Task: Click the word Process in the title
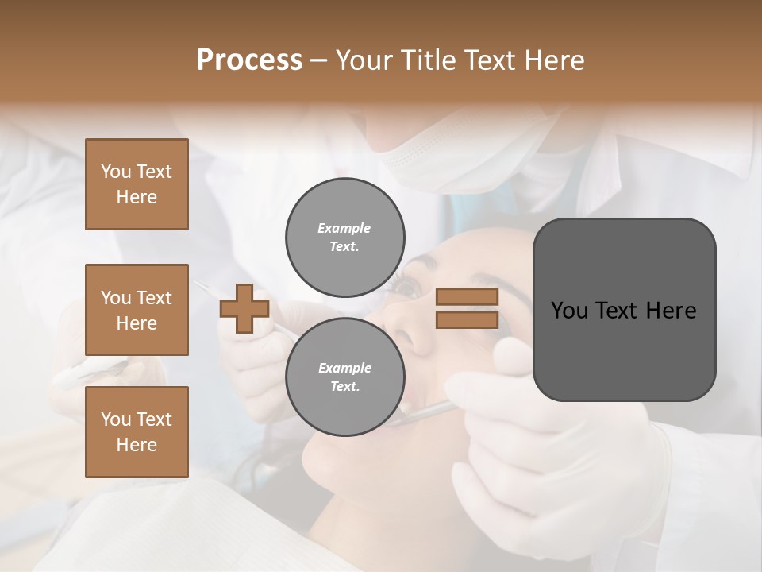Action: click(x=249, y=60)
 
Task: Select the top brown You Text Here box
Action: click(x=137, y=184)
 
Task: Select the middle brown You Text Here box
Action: click(x=137, y=310)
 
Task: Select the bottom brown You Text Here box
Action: click(x=137, y=432)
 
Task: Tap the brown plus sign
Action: click(x=244, y=308)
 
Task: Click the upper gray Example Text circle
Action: click(x=344, y=237)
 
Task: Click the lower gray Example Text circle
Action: click(x=344, y=377)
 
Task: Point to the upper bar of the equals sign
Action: click(x=467, y=296)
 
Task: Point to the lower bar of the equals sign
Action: click(x=467, y=319)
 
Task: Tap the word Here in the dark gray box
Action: click(x=672, y=311)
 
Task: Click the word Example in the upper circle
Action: click(x=344, y=228)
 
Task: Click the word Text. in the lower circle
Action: click(x=344, y=386)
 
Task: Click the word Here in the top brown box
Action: click(x=137, y=197)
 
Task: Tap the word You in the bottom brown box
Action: click(x=116, y=419)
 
